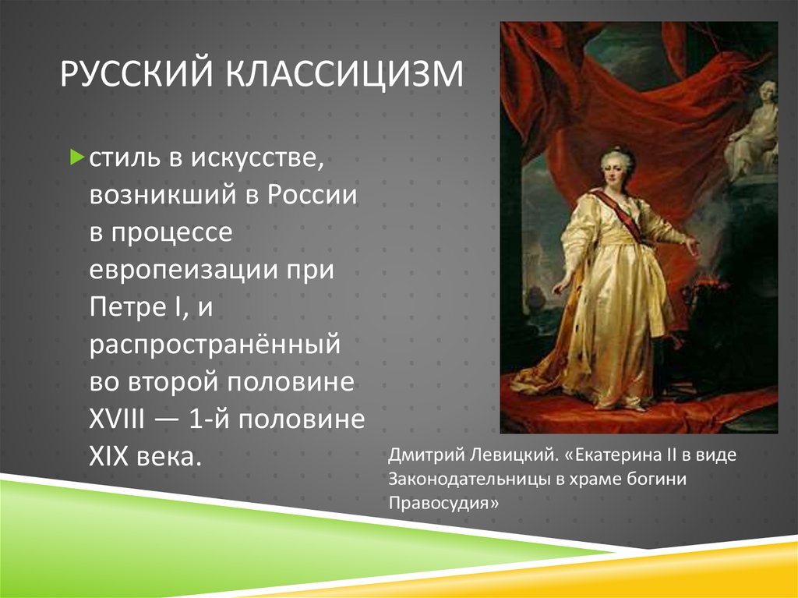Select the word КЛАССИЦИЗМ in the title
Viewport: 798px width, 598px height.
point(344,74)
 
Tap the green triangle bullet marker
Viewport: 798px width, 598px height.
point(77,157)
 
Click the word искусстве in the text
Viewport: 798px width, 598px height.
point(257,158)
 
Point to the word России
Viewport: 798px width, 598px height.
point(312,195)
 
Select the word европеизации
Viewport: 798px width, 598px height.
point(182,270)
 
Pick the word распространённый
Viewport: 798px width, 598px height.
point(215,345)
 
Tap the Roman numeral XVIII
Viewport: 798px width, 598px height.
point(117,419)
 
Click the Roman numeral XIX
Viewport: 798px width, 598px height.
point(108,456)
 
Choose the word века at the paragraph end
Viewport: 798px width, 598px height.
point(170,456)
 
